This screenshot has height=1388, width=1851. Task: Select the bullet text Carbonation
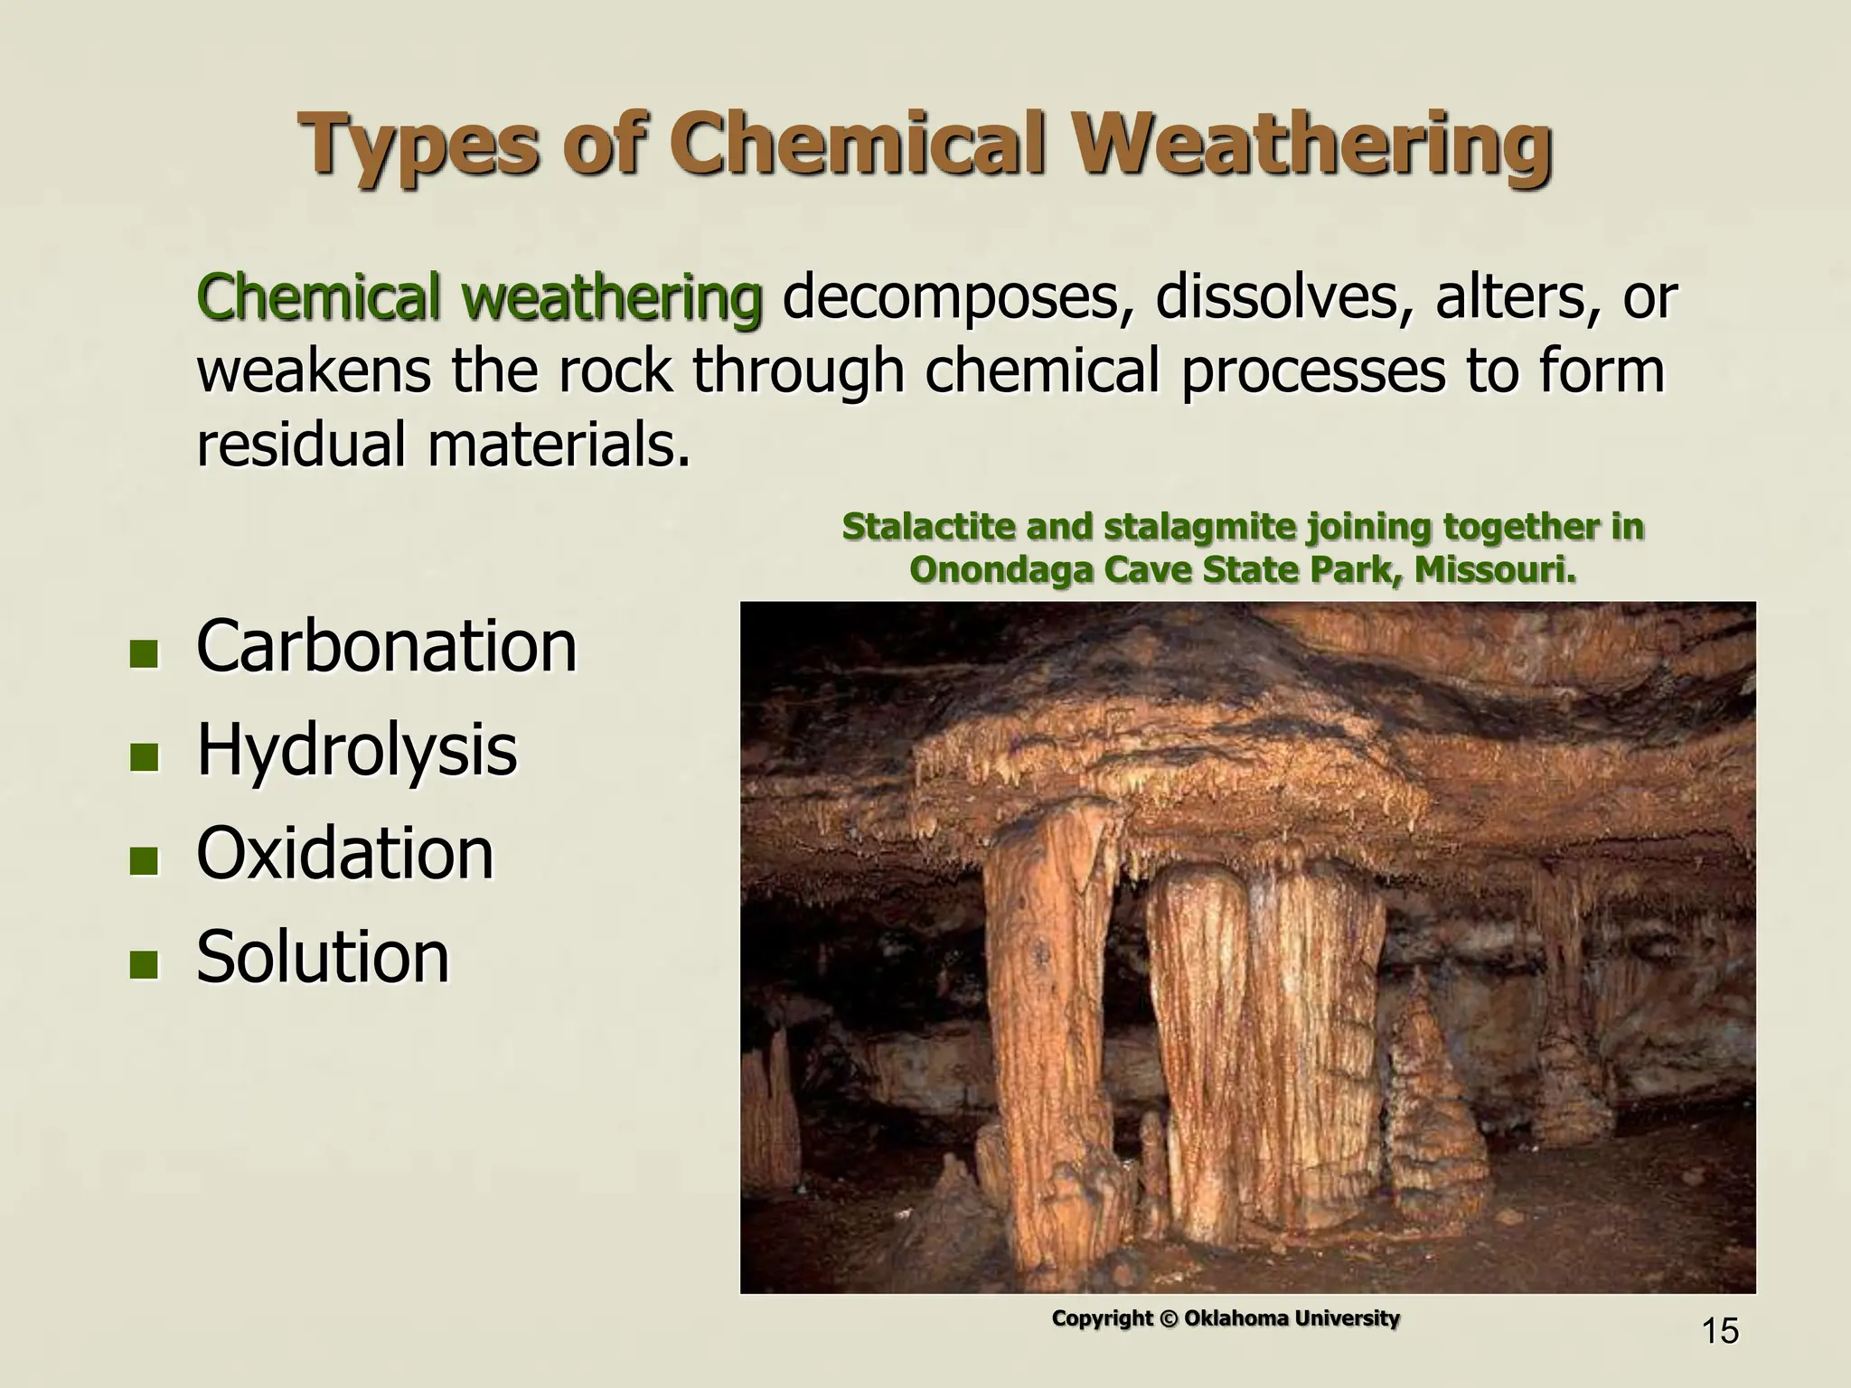pyautogui.click(x=386, y=647)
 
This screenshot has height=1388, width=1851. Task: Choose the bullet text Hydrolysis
pyautogui.click(x=357, y=750)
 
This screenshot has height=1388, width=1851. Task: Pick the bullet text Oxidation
pyautogui.click(x=345, y=853)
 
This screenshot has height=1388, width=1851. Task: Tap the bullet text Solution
pyautogui.click(x=323, y=957)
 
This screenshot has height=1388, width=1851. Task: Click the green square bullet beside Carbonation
pyautogui.click(x=143, y=653)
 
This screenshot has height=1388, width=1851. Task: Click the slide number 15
pyautogui.click(x=1719, y=1331)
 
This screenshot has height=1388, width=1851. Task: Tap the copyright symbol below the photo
pyautogui.click(x=1169, y=1319)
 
